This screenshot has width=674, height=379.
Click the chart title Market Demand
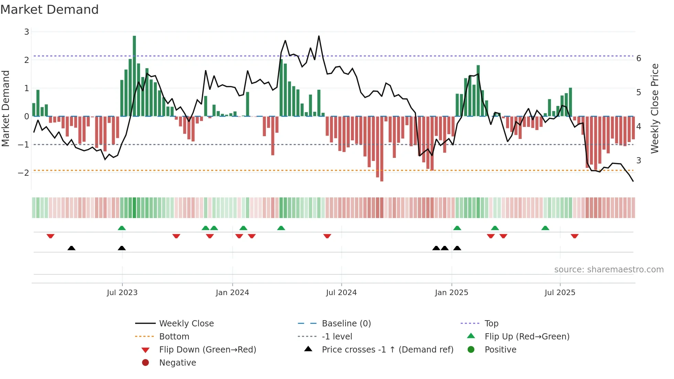click(50, 10)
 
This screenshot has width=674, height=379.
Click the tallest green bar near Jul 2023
click(134, 76)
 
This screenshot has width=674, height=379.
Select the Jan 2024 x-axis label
click(232, 293)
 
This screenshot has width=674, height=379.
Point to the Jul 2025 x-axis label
click(560, 293)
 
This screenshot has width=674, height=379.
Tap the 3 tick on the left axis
click(26, 32)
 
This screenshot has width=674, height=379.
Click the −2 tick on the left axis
click(24, 173)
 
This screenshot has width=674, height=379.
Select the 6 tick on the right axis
click(639, 58)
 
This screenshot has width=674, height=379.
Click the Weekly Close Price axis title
click(655, 108)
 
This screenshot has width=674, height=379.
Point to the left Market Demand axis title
click(6, 108)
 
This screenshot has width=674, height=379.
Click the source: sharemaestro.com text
click(609, 270)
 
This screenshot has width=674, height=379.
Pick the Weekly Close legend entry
click(186, 324)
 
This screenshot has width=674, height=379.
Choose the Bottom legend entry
click(174, 337)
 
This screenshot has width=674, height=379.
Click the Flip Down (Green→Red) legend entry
click(207, 350)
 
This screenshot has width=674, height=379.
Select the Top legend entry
click(491, 324)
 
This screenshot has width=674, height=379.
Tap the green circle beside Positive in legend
click(471, 350)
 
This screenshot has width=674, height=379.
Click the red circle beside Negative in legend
click(145, 363)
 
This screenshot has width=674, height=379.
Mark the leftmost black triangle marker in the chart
click(71, 248)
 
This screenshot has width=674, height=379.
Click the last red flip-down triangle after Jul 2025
click(575, 236)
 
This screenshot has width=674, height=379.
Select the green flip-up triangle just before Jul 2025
click(545, 228)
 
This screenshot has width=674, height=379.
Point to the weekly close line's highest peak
click(319, 36)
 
